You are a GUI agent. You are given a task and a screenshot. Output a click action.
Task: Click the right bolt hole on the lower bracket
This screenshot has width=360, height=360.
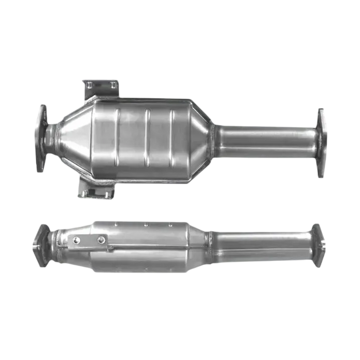(x=100, y=240)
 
